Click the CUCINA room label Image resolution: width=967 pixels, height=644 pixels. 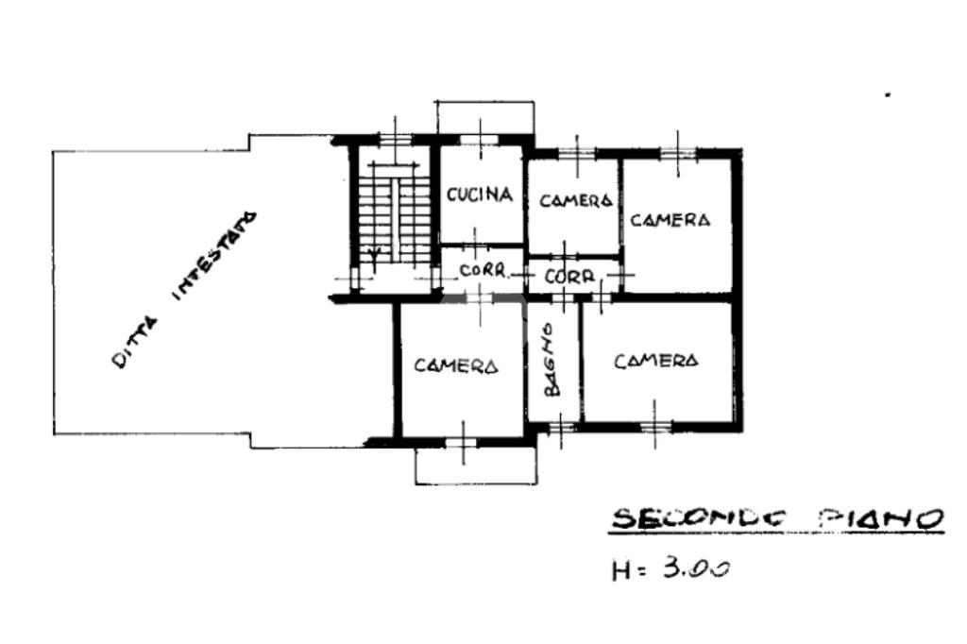coord(480,195)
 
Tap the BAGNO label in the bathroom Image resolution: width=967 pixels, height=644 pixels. coord(551,361)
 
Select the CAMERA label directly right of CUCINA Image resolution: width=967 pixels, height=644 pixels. coord(575,200)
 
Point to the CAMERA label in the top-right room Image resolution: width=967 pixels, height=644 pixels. coord(670,220)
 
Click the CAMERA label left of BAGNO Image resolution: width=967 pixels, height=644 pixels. coord(456,365)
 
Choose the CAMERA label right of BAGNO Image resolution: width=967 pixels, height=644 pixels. coord(656,361)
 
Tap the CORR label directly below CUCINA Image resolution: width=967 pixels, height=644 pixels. coord(483,270)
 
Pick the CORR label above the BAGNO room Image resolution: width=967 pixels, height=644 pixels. coord(569,277)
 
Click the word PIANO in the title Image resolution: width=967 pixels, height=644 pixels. coord(881,518)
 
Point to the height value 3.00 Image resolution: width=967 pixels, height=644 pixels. coord(696,567)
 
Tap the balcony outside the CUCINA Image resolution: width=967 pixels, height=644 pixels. coord(484,117)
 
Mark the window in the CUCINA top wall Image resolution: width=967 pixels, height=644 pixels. coord(480,140)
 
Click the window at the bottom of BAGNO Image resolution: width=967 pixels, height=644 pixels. coord(561,426)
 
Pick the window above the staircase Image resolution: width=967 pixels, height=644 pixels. coord(395,140)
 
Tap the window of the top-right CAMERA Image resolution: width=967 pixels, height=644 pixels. coord(678,153)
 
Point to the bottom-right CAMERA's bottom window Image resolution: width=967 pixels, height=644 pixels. coord(655,426)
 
